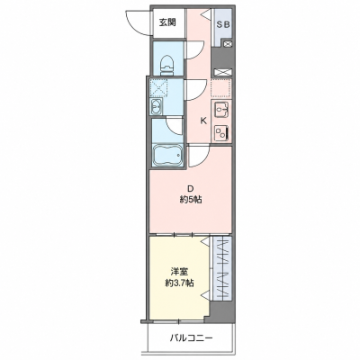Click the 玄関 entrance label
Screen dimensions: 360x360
167,22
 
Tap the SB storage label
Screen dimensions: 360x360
223,25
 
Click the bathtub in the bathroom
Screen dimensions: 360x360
167,155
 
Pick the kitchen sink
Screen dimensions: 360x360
222,109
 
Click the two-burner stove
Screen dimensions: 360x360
222,132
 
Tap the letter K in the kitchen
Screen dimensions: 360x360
203,121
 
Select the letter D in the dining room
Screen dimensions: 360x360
190,189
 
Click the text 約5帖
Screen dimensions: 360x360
191,200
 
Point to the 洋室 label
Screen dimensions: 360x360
179,272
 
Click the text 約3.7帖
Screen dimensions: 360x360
179,283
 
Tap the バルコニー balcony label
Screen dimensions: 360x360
192,338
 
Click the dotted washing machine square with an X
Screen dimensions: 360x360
158,87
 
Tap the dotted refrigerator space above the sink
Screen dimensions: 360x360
221,88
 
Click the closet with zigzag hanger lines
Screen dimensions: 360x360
222,268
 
